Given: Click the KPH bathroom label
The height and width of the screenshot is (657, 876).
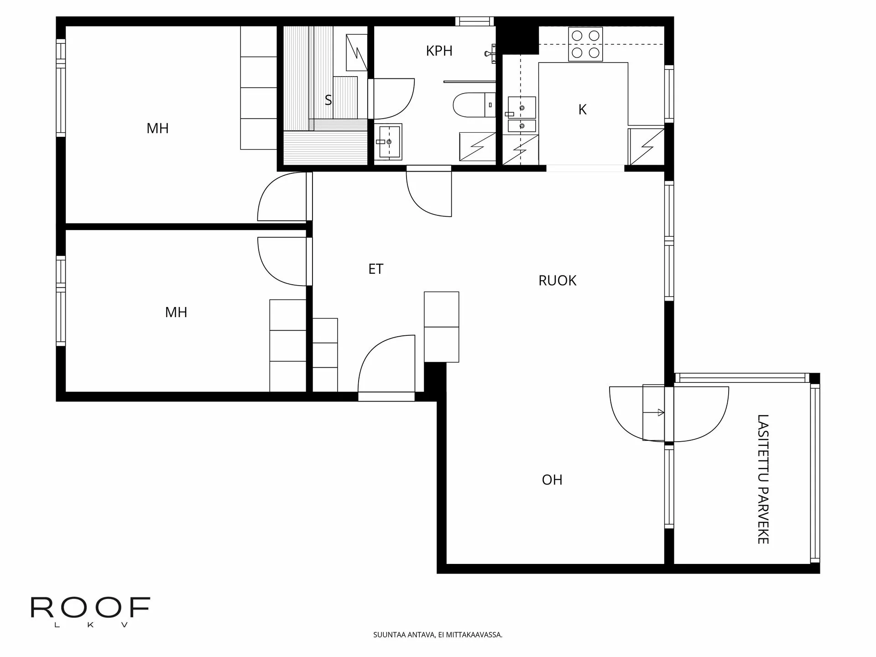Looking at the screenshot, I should (439, 51).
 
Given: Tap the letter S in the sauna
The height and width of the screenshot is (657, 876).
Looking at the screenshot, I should (328, 100).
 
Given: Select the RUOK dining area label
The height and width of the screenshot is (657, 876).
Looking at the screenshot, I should (557, 280).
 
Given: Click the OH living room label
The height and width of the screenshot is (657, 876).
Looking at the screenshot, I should (552, 480).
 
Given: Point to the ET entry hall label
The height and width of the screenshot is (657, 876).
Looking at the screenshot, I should (375, 269).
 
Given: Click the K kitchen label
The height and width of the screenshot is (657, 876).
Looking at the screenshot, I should (582, 109).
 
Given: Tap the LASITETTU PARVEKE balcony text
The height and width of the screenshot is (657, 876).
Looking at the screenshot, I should (763, 479).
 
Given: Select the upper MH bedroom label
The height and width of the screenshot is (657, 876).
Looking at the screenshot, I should (157, 128).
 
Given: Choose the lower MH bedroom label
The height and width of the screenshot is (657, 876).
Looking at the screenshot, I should (176, 312).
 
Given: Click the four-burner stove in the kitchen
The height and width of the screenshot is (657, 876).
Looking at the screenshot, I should (585, 44).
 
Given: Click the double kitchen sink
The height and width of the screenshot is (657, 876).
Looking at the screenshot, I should (521, 114).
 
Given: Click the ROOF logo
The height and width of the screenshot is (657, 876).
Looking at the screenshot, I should (90, 608).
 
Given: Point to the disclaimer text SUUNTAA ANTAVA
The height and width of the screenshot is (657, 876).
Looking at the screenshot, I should (438, 635).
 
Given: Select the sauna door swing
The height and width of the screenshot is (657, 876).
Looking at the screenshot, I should (393, 98).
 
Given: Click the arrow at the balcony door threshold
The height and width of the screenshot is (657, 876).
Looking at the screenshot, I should (659, 412).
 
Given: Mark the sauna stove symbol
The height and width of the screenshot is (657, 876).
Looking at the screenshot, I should (356, 52).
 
